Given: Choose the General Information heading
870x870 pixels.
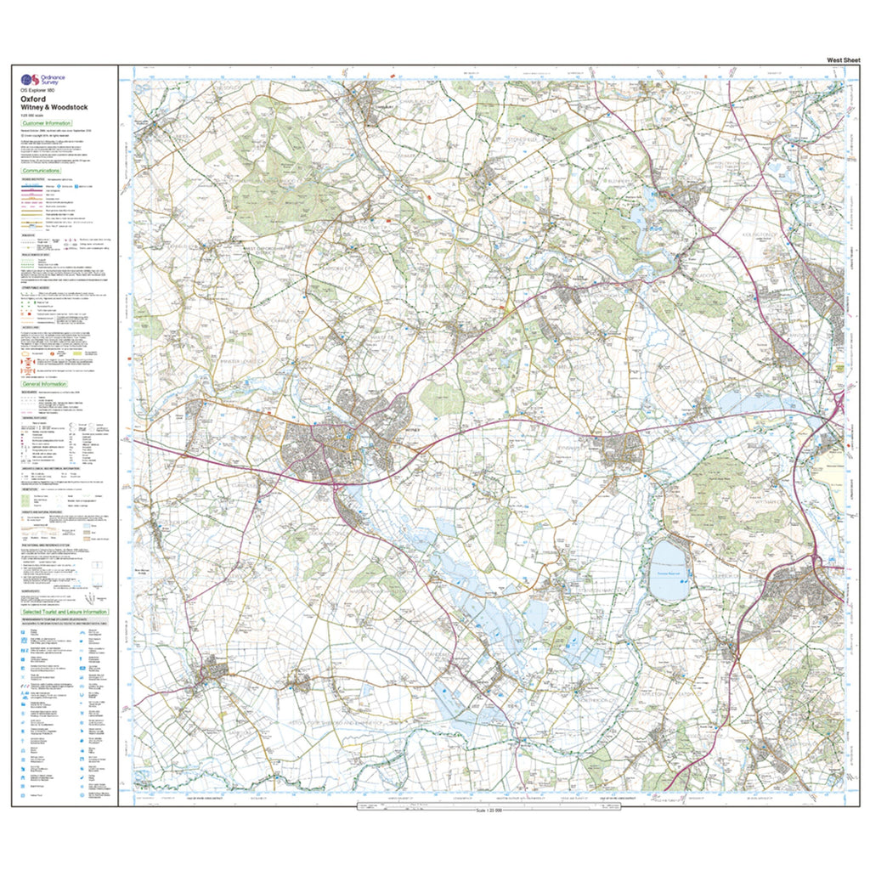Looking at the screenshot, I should click(45, 384).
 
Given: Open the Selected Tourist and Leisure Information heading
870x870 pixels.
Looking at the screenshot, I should click(65, 612).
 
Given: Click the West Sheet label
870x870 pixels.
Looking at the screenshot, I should click(842, 59).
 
